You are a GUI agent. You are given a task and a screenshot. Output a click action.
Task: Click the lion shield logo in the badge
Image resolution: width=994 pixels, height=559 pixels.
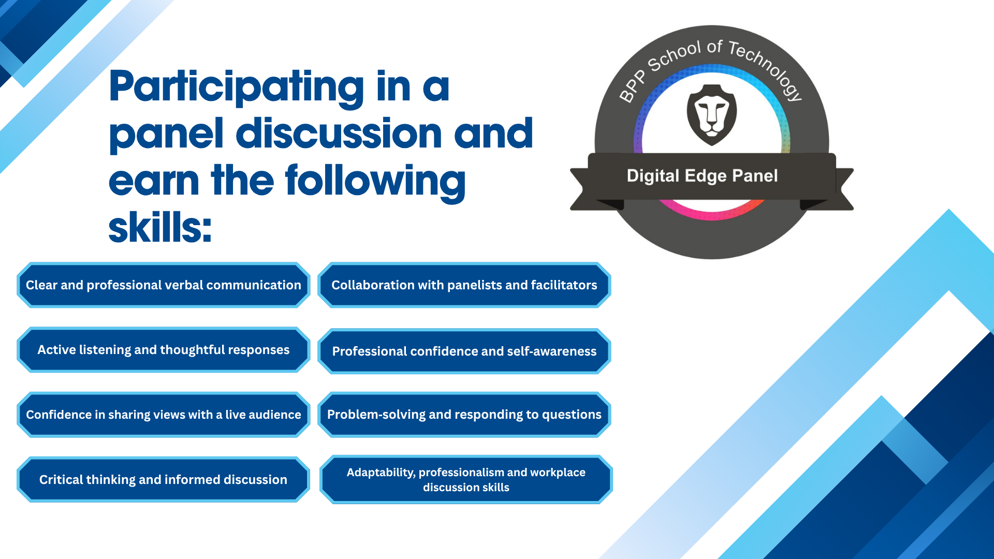(712, 115)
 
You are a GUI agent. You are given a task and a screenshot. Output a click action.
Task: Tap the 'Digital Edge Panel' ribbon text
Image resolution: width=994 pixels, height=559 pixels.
(702, 176)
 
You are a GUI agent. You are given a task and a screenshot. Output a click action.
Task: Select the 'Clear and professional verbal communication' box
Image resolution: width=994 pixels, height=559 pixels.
(164, 285)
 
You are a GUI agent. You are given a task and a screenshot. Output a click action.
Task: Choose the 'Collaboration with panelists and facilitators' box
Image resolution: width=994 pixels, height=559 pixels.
(464, 285)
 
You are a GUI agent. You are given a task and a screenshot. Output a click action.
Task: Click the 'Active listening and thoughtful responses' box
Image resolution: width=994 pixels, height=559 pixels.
(164, 350)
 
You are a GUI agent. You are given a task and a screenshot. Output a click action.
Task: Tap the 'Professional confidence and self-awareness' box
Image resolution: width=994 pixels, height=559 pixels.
(464, 351)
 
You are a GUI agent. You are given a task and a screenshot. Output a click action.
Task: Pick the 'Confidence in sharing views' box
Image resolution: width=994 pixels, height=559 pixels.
(164, 415)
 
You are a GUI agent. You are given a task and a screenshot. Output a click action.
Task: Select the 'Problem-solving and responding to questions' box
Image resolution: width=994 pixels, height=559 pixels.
(464, 415)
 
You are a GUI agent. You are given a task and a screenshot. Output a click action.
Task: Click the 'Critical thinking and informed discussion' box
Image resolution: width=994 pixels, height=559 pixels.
(164, 480)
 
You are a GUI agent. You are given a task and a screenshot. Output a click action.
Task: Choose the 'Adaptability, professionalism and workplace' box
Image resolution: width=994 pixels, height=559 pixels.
(466, 480)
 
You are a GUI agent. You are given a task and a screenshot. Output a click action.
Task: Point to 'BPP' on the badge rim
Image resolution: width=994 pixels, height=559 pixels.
(633, 87)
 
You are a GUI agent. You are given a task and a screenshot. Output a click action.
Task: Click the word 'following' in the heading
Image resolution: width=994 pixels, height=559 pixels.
(375, 182)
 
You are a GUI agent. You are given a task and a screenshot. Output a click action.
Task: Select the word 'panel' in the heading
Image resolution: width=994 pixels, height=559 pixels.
(166, 135)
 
